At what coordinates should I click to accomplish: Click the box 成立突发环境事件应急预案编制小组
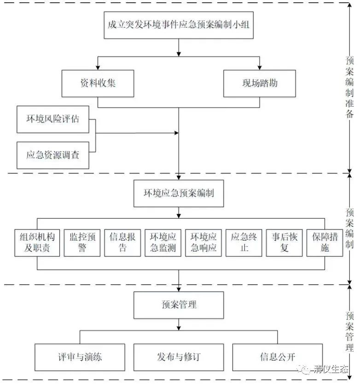179,25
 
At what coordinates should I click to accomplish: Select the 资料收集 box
98,83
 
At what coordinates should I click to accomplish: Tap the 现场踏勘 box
260,83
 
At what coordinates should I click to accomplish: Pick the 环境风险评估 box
52,119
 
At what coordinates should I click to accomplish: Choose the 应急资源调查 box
52,155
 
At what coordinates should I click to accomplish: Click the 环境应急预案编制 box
179,193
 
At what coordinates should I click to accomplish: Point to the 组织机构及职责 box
38,242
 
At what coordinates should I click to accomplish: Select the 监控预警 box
82,242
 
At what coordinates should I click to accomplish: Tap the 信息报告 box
122,242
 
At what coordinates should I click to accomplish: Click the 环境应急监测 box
163,242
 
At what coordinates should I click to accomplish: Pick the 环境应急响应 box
203,242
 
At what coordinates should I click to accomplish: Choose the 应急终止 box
244,242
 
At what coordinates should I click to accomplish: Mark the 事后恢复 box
285,242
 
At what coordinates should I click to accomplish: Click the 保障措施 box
325,242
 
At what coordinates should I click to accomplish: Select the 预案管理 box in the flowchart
179,305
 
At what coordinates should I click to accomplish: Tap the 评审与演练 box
80,357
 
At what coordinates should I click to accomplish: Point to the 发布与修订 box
179,357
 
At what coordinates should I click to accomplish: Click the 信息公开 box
277,357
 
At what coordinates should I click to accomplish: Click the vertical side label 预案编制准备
349,87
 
